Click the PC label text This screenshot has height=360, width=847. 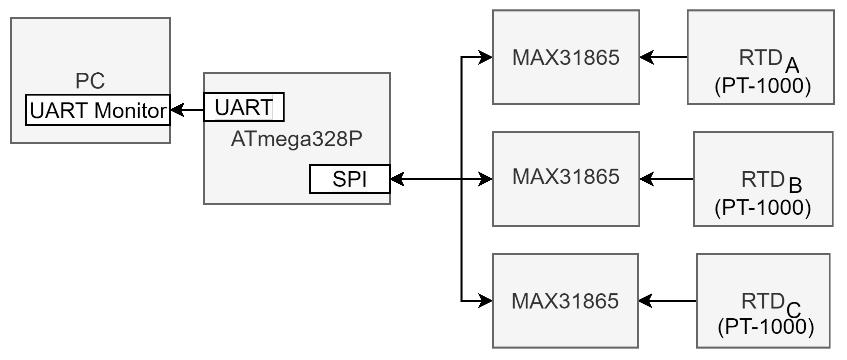(x=90, y=81)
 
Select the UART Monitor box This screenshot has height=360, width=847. (x=98, y=110)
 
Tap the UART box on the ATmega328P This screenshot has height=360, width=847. (x=244, y=107)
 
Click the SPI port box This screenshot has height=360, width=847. (x=349, y=179)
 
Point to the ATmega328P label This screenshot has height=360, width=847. (x=296, y=139)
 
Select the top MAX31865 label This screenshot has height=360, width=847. (x=565, y=58)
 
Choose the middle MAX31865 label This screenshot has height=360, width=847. (x=565, y=176)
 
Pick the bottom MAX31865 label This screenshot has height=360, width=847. (x=565, y=301)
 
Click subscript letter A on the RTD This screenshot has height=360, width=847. (x=792, y=66)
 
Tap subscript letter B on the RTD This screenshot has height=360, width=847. (x=795, y=185)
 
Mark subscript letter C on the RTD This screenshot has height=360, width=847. (x=794, y=310)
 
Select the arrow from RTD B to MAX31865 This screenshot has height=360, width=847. (x=666, y=179)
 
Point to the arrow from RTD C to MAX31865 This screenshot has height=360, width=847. (x=667, y=301)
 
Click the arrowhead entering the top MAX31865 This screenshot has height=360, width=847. (x=485, y=57)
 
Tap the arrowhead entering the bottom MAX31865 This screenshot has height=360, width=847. (x=485, y=301)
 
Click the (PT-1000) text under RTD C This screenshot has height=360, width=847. (x=766, y=326)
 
